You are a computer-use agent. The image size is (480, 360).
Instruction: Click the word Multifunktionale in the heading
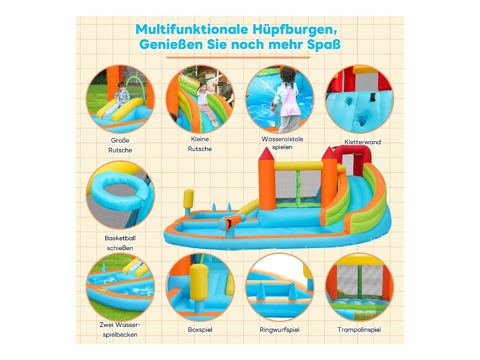click(192, 29)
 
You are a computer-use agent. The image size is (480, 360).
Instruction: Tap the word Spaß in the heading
click(324, 44)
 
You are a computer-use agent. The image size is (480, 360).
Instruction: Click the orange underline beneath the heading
click(238, 58)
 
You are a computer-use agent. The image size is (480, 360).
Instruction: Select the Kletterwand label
click(362, 142)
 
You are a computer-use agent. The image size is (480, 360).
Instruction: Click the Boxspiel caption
click(200, 330)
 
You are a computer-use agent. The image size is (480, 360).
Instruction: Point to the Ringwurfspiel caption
click(279, 330)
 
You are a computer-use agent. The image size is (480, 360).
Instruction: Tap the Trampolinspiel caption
click(359, 330)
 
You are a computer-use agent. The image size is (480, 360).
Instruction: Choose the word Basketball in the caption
click(120, 238)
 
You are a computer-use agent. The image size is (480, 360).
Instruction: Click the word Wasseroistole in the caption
click(282, 139)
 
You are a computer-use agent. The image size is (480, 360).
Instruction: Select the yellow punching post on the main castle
click(188, 200)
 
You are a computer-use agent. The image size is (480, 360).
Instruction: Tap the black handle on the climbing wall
click(372, 97)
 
